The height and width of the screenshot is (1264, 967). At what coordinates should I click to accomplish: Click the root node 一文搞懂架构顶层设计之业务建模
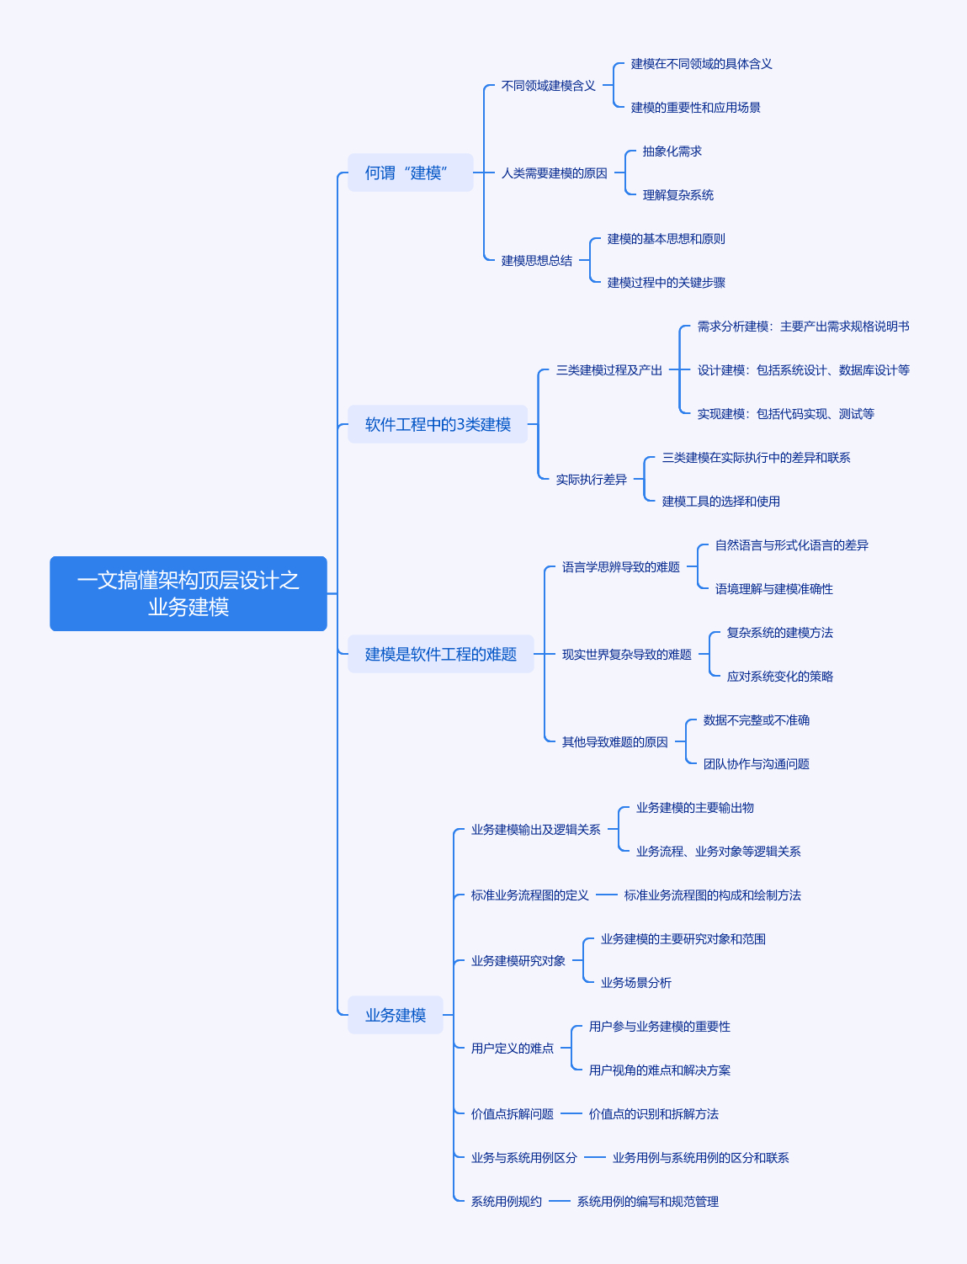click(x=189, y=593)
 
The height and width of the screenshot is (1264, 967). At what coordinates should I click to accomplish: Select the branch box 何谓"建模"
click(x=410, y=173)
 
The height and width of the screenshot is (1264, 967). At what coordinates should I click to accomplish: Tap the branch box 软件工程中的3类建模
click(x=438, y=424)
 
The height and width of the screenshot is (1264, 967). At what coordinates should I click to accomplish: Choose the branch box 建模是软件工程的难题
click(x=441, y=654)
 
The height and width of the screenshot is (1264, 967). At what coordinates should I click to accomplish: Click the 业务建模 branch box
click(x=395, y=1015)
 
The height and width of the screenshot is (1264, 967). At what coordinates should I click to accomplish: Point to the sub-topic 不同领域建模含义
click(x=548, y=86)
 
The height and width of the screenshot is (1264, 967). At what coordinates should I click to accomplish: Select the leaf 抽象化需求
click(x=672, y=151)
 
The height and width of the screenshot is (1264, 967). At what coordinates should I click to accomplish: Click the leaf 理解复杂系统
click(x=677, y=195)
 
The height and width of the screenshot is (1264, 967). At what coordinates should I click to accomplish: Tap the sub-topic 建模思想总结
click(x=537, y=261)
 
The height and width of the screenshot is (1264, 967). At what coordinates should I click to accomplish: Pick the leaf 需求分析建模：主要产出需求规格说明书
click(x=804, y=327)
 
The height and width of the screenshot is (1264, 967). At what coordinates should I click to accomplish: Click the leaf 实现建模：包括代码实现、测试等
click(x=785, y=414)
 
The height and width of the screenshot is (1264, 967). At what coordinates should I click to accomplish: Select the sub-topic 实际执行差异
click(x=591, y=480)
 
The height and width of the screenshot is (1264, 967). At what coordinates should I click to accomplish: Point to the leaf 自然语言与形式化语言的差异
click(x=791, y=545)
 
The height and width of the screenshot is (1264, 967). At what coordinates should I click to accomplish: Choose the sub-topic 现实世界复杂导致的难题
click(x=627, y=655)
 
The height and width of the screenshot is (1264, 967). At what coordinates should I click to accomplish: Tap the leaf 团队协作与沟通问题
click(x=757, y=764)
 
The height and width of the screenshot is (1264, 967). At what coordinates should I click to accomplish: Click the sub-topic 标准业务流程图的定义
click(x=530, y=895)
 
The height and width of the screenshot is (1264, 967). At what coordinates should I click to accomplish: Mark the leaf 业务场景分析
click(x=636, y=983)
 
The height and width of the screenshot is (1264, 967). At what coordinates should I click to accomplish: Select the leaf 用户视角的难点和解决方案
click(x=660, y=1070)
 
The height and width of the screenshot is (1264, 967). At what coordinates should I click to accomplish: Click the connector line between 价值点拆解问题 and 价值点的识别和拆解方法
click(x=571, y=1113)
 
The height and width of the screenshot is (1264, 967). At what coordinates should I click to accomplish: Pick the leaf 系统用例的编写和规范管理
click(x=648, y=1202)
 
